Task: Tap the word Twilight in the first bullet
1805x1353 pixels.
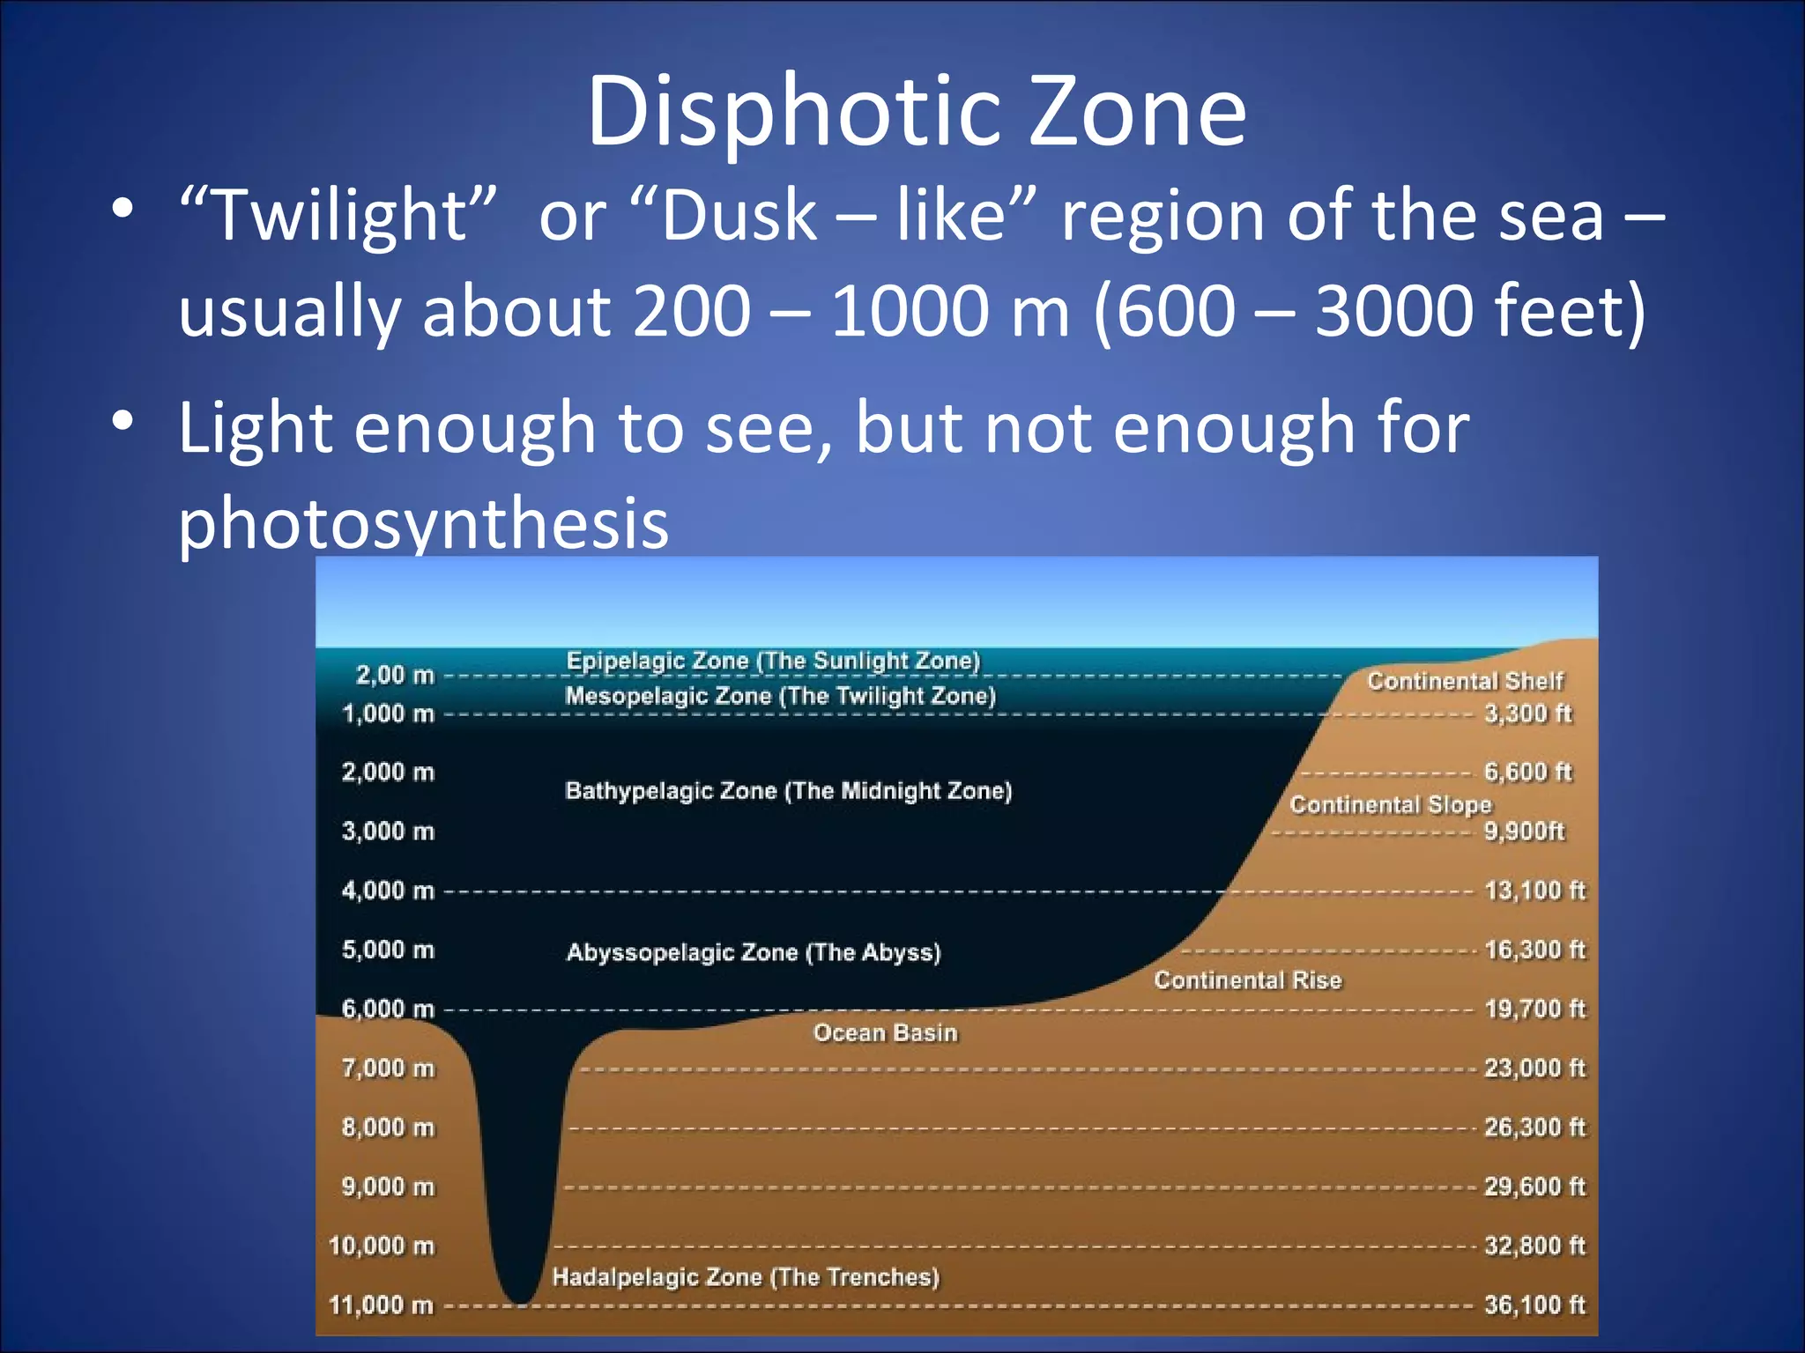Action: coord(338,215)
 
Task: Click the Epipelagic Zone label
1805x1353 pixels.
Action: coord(773,661)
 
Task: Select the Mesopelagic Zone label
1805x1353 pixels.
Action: coord(780,696)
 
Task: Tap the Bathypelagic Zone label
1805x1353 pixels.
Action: coord(788,790)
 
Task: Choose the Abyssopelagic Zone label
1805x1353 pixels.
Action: coord(754,952)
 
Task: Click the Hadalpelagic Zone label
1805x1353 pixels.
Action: coord(746,1276)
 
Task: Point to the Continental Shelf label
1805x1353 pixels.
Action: coord(1465,681)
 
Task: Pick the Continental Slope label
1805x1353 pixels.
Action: coord(1391,804)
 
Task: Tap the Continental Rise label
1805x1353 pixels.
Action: coord(1248,980)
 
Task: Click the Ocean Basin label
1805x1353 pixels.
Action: coord(885,1032)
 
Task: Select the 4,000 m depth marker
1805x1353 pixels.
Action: coord(389,891)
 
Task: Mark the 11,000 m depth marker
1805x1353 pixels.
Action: coord(382,1305)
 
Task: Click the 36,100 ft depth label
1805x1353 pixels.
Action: coord(1534,1305)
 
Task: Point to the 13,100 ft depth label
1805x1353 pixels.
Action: coord(1534,891)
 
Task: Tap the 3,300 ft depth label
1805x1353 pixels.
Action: coord(1528,713)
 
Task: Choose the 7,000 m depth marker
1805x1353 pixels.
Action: coord(389,1068)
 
